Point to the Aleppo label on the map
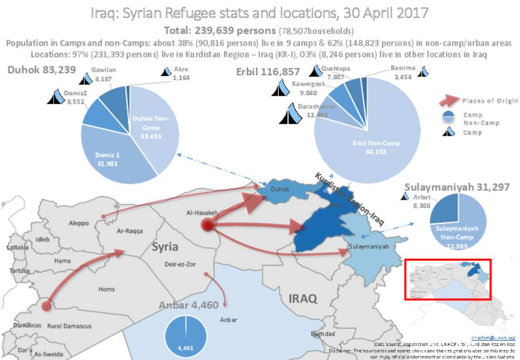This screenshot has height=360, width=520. (79, 223)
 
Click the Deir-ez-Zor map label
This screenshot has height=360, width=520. (177, 265)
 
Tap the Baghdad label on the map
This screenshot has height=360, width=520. (323, 334)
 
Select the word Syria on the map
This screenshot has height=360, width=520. (165, 247)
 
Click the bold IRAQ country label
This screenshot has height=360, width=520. (303, 298)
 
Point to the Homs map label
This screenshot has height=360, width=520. (106, 289)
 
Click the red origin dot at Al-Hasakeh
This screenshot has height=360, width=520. (207, 225)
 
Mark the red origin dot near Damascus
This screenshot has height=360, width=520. (46, 306)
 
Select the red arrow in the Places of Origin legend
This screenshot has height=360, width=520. (448, 100)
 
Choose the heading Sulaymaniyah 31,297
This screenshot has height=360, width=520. (457, 187)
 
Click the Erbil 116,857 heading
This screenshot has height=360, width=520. (268, 72)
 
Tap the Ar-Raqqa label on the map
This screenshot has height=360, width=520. (130, 231)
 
